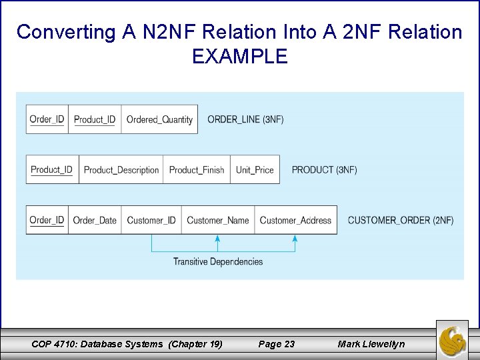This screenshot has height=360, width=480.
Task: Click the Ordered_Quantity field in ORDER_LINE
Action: [159, 120]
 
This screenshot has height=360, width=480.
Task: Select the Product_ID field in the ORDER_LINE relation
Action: [95, 120]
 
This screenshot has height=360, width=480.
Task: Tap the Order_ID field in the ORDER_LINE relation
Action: [47, 120]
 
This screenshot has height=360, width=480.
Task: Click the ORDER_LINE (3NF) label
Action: [245, 120]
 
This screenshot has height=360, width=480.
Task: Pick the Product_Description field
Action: [121, 170]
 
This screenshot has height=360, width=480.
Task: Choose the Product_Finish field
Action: [197, 170]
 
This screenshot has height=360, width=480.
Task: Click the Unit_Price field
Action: [255, 170]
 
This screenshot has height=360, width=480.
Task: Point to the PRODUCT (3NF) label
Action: [324, 170]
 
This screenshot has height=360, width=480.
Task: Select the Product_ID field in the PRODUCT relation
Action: [51, 170]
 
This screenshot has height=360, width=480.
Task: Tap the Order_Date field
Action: [95, 221]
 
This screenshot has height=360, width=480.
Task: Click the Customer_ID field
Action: [151, 221]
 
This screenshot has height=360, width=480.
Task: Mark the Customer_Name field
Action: [218, 221]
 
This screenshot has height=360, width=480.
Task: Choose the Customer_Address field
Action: [295, 221]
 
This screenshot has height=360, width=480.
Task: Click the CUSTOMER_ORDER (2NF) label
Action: [401, 221]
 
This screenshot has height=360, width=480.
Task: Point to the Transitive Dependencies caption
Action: [218, 261]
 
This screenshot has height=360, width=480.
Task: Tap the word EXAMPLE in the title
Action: [239, 57]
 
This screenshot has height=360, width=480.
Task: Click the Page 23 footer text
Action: [276, 344]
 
